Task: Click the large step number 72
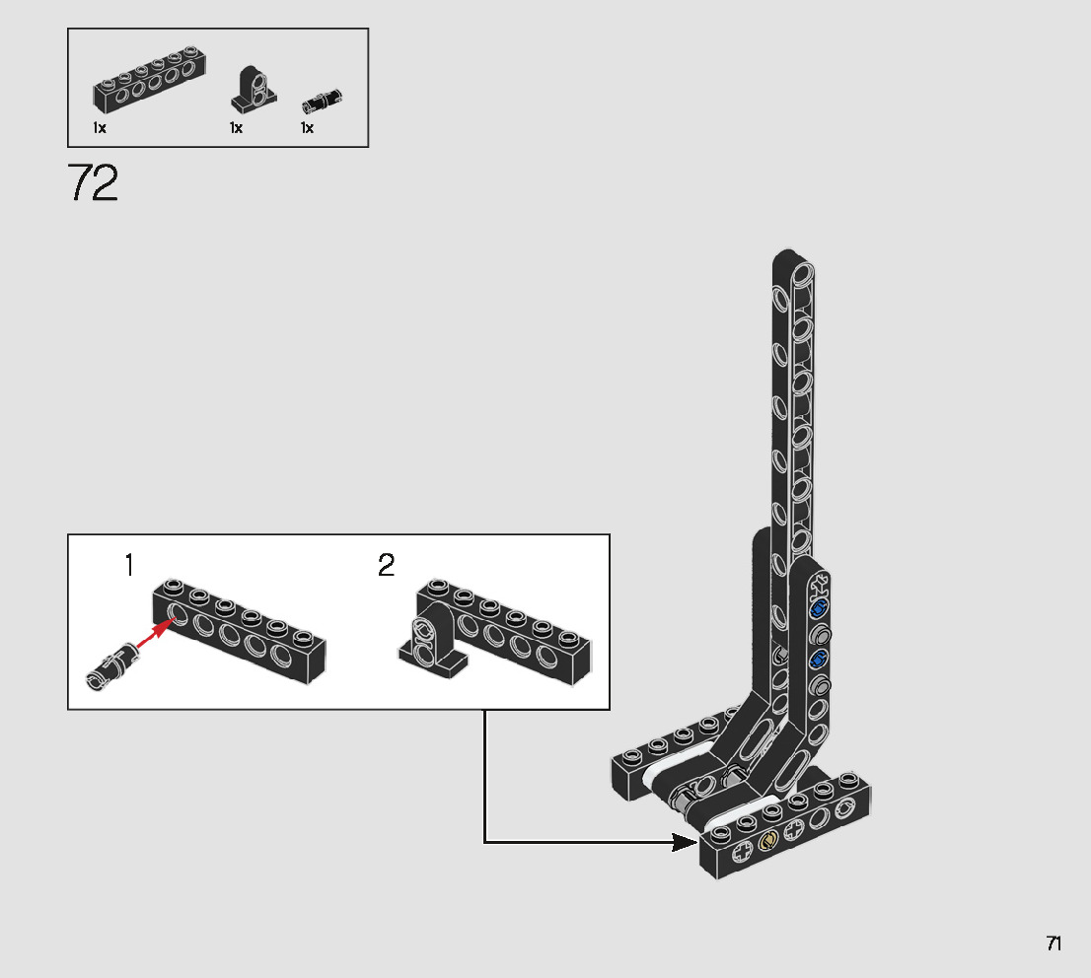click(94, 183)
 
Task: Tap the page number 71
click(1054, 943)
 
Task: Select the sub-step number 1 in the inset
click(128, 566)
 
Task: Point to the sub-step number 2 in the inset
click(386, 566)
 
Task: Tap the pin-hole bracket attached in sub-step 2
click(427, 646)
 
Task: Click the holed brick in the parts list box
click(143, 87)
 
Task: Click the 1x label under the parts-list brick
click(100, 128)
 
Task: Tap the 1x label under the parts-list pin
click(307, 128)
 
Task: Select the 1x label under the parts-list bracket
click(236, 128)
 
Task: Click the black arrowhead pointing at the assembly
click(685, 842)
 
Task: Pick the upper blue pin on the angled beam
click(817, 611)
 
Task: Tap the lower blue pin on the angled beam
click(818, 659)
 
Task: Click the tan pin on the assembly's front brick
click(768, 840)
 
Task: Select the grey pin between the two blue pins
click(821, 635)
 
